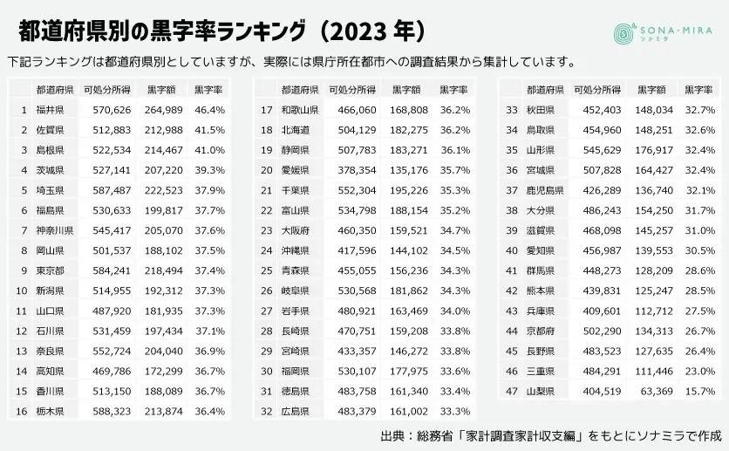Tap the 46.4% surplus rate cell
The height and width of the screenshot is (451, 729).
[209, 110]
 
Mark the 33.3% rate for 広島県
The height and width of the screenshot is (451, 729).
[454, 410]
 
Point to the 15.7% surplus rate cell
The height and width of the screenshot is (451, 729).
[700, 391]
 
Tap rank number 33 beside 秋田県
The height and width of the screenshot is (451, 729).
[514, 110]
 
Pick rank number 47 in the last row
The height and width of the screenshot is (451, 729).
[514, 391]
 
